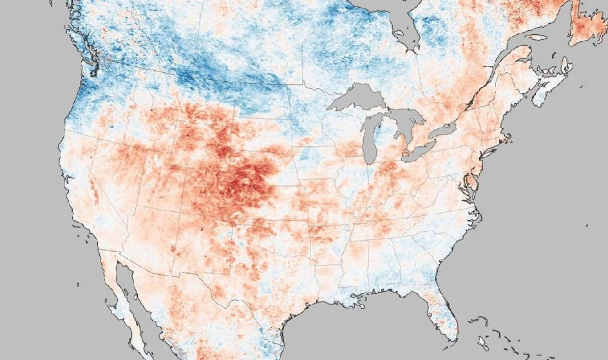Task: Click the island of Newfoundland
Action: pyautogui.click(x=587, y=26)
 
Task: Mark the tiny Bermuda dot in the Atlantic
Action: pyautogui.click(x=587, y=225)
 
